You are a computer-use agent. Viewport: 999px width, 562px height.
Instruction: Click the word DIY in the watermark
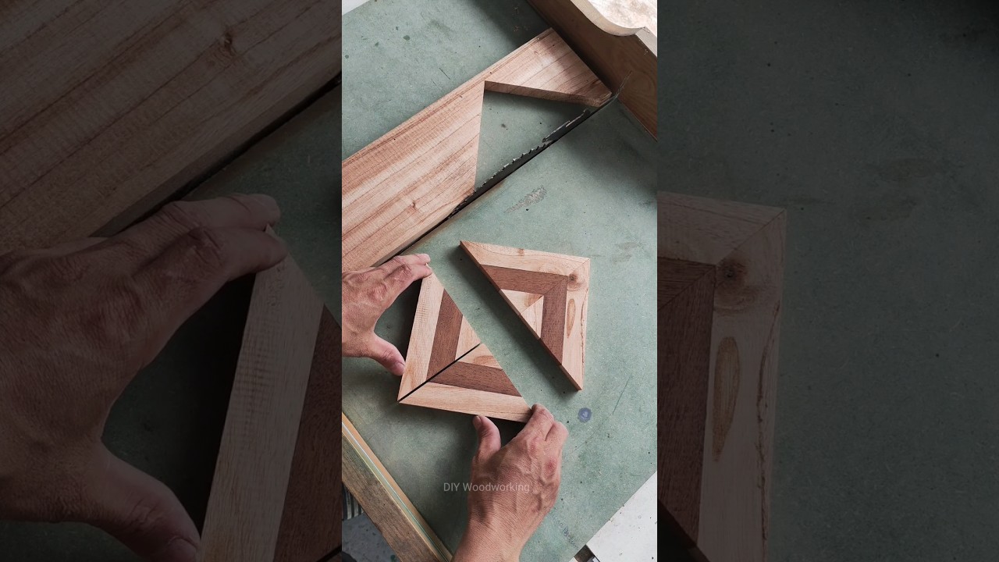click(452, 487)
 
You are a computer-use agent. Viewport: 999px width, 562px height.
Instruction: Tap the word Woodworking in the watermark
click(496, 487)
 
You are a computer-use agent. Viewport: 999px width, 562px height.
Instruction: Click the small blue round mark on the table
click(585, 414)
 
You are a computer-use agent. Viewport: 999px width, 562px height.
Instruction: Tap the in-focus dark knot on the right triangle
click(575, 278)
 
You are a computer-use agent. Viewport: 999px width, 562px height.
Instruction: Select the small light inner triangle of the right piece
click(531, 306)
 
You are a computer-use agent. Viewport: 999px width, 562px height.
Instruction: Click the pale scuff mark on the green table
click(528, 200)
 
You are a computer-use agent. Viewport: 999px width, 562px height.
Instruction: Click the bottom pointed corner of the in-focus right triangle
click(578, 386)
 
